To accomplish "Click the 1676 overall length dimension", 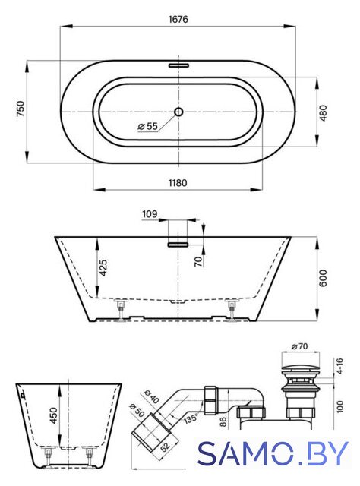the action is (x=178, y=19).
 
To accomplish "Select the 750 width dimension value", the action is (x=21, y=109).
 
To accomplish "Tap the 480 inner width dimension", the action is (x=323, y=113).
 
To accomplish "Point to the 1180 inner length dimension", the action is (x=178, y=183).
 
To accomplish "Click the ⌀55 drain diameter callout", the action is (x=147, y=126).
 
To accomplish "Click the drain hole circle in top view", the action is (x=178, y=112).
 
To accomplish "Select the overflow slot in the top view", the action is (x=178, y=65).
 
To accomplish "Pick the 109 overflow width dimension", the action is (x=150, y=214).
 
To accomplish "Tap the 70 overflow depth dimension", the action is (x=197, y=261).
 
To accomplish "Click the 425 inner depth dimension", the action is (x=103, y=267).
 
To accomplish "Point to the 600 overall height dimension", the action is (x=323, y=278).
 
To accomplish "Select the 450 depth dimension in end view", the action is (x=54, y=415).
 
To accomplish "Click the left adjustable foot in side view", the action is (x=120, y=311).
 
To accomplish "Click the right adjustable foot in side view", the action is (x=232, y=311).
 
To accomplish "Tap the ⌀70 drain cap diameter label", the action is (x=299, y=346).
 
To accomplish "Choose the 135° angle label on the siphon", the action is (x=191, y=418).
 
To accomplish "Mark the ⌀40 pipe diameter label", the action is (x=152, y=397).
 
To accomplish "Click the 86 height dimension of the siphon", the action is (x=223, y=421).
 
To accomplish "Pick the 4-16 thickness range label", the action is (x=339, y=366).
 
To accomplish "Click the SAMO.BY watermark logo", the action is (x=273, y=453).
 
